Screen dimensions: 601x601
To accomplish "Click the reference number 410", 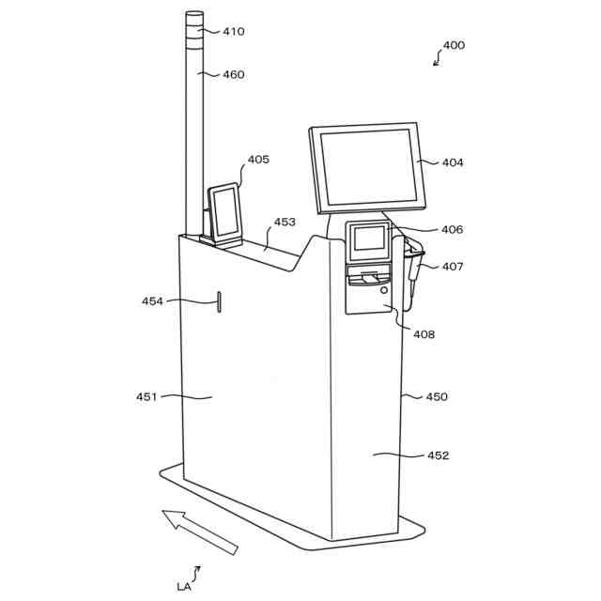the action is coord(233,31).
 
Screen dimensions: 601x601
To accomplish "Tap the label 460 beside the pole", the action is coord(233,74).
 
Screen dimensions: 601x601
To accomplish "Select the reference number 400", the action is coord(454,45).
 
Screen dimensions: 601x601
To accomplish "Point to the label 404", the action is coord(453,162).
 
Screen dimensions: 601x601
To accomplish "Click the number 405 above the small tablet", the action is coord(258,159).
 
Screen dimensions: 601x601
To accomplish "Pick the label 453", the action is coord(285,223).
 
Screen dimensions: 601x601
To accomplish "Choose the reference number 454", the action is coord(152,301).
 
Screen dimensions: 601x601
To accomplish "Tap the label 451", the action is coord(146,396).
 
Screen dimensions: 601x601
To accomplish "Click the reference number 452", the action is coord(439,455).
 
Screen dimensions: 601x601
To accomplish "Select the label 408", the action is coord(424,333).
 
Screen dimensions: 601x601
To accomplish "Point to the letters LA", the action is coord(184,586).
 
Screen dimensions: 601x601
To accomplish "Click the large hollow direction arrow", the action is coord(199,531).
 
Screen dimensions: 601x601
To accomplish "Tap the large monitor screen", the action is coord(367,166).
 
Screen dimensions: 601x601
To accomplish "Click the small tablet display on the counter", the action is coord(224,211).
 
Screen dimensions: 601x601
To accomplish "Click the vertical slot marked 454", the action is coord(219,301).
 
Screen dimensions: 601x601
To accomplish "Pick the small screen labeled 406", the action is coord(368,239).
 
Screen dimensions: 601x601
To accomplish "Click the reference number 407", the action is coord(453,267).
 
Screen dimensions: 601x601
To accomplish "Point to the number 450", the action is coord(437,396).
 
